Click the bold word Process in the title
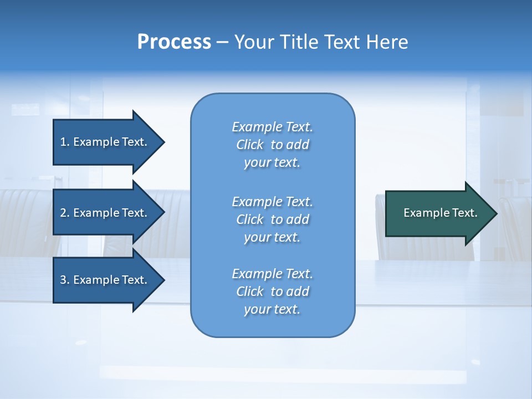pos(174,42)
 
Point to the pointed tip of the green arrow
pos(495,213)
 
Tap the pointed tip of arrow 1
pos(163,142)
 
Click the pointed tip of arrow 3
pos(163,280)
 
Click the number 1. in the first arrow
pos(64,142)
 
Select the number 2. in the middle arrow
pos(64,213)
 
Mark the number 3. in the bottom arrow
pos(64,280)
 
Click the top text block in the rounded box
pos(273,145)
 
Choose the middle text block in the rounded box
pos(273,219)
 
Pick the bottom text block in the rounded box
pos(273,291)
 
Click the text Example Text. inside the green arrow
pos(441,213)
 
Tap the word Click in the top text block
pos(250,145)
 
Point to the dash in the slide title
pos(222,43)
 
